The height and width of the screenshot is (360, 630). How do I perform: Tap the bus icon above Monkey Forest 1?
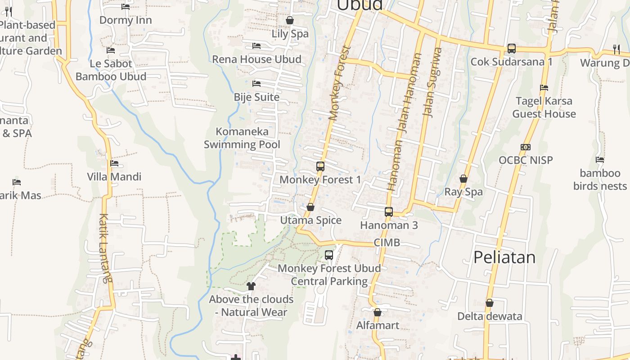[320, 166]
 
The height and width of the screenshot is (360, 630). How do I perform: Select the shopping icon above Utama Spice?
[310, 207]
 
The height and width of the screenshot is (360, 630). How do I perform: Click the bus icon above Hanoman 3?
[389, 212]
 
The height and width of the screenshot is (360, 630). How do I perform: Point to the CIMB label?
[387, 243]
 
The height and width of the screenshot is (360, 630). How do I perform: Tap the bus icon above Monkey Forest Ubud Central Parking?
[329, 255]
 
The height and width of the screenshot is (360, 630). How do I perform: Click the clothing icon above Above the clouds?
[251, 286]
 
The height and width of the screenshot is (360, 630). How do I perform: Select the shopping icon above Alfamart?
[378, 312]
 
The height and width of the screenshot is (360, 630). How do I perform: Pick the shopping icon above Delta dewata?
[490, 303]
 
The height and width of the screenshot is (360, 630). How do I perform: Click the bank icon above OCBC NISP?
[526, 147]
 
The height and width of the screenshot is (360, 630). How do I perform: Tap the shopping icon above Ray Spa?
[463, 179]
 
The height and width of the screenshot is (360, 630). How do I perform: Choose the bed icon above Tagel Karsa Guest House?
[544, 88]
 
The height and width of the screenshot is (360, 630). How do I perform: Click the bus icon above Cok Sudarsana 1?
[512, 49]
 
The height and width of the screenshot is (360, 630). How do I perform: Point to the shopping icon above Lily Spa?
[290, 21]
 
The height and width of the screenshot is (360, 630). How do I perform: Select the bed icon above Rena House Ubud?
[256, 46]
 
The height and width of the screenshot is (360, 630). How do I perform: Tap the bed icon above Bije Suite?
[256, 84]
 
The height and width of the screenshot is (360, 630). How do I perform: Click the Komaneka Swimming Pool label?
[242, 138]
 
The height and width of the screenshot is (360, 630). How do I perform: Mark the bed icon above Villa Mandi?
[114, 163]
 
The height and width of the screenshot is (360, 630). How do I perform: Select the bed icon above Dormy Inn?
[126, 7]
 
